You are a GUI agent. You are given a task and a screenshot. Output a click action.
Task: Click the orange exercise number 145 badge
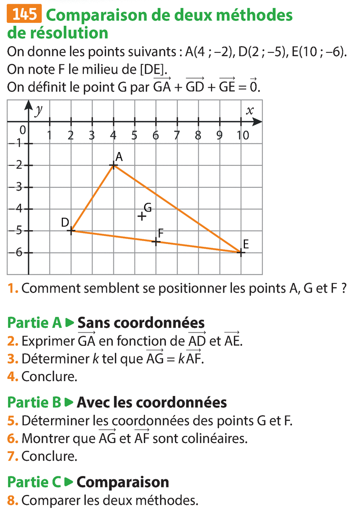[25, 15]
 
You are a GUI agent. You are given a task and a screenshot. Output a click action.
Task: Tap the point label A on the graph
[119, 156]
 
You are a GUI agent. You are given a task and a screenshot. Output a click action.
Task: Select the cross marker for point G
[141, 216]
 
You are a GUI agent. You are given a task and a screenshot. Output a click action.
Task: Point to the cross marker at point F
[156, 242]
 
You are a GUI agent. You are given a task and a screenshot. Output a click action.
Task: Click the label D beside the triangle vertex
[65, 223]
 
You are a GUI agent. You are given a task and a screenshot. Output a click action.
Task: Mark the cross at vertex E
[241, 253]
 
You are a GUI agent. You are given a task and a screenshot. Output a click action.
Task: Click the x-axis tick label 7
[177, 135]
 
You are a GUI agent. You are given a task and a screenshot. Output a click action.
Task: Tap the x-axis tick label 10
[242, 135]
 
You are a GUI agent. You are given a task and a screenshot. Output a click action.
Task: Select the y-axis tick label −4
[17, 208]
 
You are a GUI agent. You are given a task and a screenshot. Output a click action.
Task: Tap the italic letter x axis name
[250, 111]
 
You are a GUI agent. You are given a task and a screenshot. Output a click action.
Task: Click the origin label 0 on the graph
[22, 130]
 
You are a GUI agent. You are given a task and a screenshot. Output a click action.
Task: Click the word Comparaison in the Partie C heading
[123, 482]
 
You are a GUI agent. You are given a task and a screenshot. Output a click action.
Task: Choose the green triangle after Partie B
[69, 403]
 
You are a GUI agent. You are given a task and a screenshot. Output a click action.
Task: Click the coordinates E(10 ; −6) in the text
[317, 52]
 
